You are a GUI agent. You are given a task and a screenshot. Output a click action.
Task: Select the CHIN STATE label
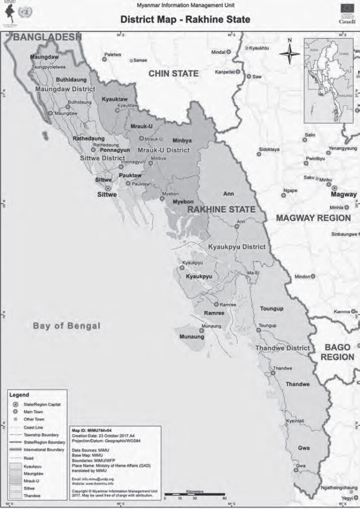coord(174,74)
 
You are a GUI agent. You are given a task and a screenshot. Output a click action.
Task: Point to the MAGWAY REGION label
coord(313,218)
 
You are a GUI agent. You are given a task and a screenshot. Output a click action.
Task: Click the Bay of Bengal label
coord(67,326)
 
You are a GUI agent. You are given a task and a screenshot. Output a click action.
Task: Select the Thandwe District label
coord(282,348)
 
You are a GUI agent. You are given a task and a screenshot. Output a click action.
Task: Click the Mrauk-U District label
coord(164,150)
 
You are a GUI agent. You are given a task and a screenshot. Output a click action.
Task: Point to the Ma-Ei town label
coord(253,273)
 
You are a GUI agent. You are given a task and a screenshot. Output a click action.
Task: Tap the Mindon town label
coord(303,276)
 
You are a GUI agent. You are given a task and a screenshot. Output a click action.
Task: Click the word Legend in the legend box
coord(19,395)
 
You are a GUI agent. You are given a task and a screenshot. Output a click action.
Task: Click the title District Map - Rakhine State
coord(185,20)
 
